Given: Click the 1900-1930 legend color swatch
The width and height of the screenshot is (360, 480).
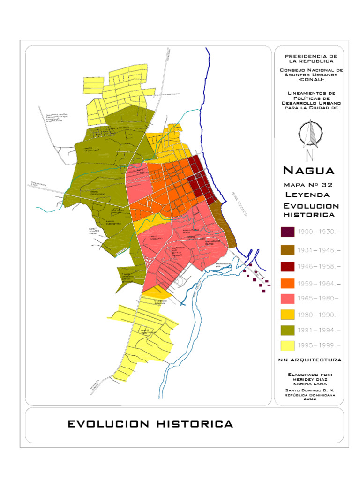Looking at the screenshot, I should [x=287, y=232].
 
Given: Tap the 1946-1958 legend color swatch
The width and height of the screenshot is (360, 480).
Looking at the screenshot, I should [x=287, y=267].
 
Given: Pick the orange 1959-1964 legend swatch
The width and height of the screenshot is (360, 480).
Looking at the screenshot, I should [x=287, y=283].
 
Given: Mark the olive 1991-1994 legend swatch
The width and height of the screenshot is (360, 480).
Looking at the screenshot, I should [x=287, y=330].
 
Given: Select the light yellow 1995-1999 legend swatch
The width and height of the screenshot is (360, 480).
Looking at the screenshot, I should [x=287, y=345].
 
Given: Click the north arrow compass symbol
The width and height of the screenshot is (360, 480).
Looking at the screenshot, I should [x=309, y=136].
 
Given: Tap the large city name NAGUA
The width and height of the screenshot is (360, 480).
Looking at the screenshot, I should [x=309, y=170].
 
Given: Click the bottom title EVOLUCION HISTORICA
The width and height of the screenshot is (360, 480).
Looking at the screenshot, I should [x=150, y=424].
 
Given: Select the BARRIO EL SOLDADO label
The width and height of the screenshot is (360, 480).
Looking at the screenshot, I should [x=156, y=237].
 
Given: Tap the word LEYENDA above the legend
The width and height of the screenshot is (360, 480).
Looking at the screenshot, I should [x=307, y=195].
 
